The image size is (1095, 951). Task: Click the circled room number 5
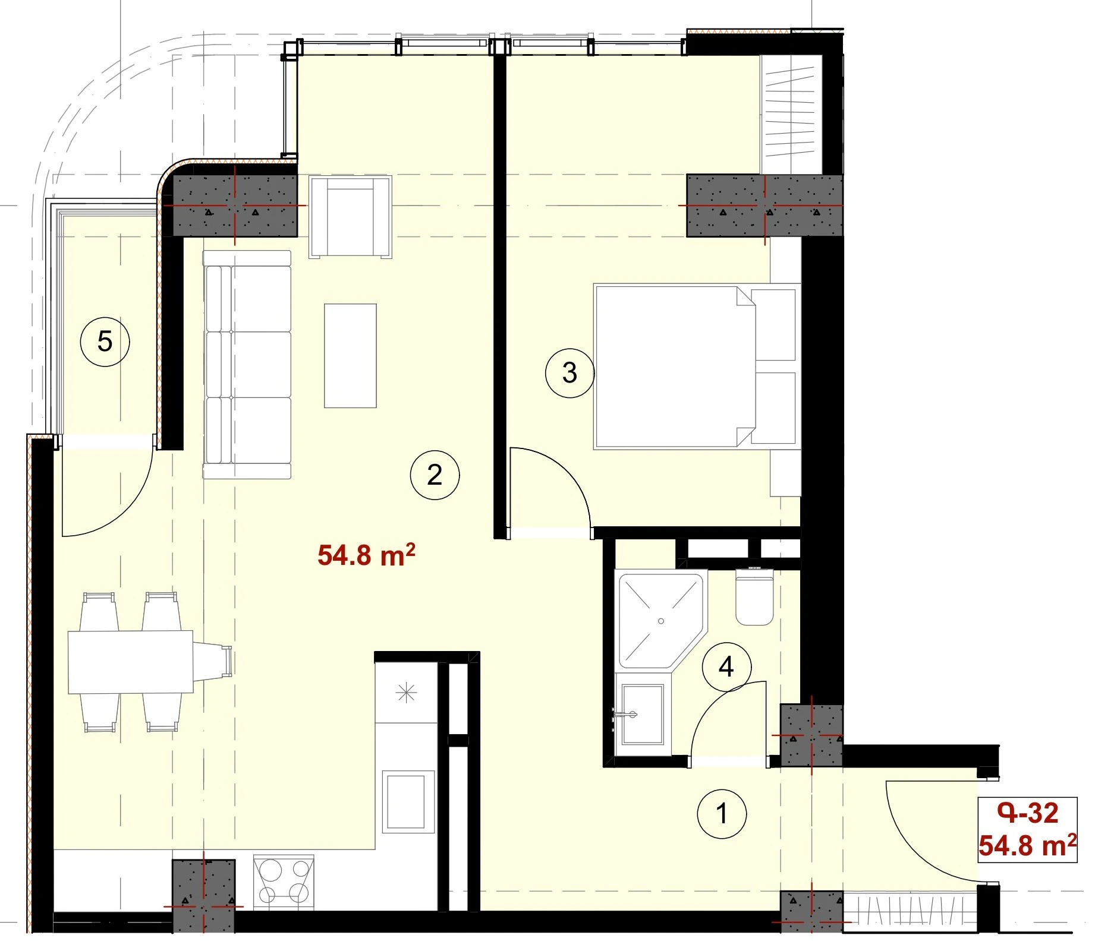point(105,342)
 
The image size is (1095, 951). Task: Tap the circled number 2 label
point(435,475)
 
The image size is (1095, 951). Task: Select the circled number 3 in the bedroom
point(569,373)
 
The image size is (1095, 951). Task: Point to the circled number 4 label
point(726,667)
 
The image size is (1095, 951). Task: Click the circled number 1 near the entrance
point(722,814)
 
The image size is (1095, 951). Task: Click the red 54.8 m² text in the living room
point(366,555)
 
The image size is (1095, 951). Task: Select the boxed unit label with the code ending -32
point(1028,830)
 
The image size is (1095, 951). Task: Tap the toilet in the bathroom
point(754,598)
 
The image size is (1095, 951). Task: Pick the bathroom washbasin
point(642,714)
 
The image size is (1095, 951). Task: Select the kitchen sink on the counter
point(408,801)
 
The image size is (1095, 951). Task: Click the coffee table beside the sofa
point(350,356)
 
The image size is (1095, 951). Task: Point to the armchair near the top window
point(350,217)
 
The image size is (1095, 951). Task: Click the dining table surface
point(131,662)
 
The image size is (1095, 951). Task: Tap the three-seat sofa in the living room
point(247,365)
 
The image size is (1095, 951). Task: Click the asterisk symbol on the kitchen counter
point(407,692)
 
